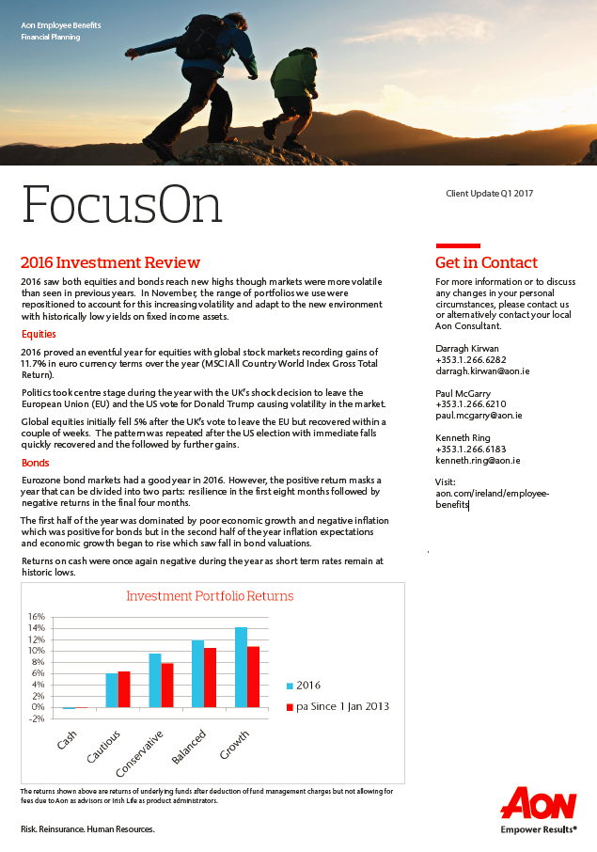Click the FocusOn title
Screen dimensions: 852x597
[121, 203]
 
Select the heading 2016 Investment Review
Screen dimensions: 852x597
[110, 262]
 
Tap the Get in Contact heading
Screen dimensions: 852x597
[486, 262]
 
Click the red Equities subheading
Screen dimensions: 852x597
[39, 334]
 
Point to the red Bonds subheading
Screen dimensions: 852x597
[35, 464]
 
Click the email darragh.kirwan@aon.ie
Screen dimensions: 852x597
[482, 371]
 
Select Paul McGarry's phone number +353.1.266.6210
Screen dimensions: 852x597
[470, 403]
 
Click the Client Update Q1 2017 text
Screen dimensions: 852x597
[489, 194]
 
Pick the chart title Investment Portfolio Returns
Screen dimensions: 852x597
[210, 596]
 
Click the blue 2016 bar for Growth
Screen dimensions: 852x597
[242, 667]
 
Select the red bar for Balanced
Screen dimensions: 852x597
[211, 677]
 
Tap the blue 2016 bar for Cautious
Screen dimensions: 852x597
[112, 690]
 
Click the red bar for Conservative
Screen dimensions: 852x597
[167, 685]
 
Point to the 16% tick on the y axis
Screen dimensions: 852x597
[36, 617]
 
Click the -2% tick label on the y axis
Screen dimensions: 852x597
[36, 718]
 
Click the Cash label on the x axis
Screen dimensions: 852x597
[67, 741]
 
